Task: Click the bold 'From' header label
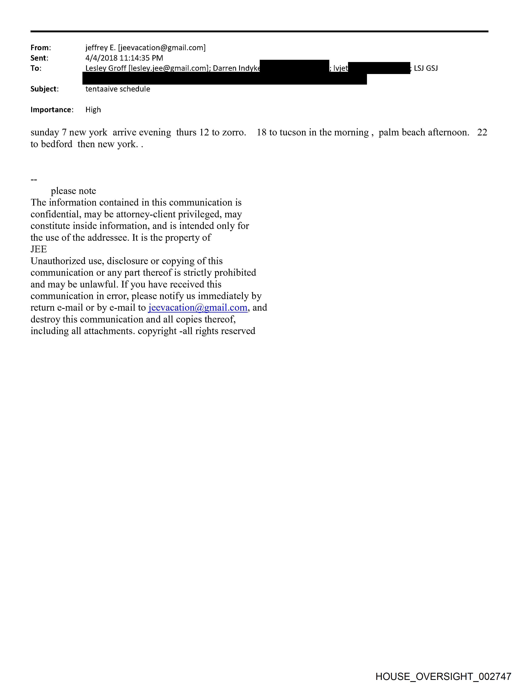40,48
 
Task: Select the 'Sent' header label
38,58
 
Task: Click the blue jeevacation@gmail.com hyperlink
198,307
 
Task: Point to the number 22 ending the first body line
482,133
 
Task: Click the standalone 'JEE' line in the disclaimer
39,249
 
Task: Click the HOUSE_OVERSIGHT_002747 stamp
443,676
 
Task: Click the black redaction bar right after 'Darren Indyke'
294,66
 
